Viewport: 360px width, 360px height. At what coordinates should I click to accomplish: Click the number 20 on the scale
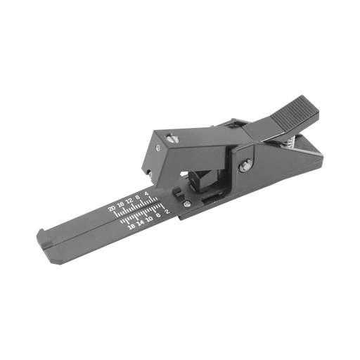pos(112,208)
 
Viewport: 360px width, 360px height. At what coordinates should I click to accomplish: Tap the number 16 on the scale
pos(121,205)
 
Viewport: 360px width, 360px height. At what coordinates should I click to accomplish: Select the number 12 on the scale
pos(129,201)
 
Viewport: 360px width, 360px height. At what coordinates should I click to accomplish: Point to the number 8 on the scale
pos(138,198)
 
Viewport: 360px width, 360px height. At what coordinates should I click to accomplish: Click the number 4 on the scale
pos(147,194)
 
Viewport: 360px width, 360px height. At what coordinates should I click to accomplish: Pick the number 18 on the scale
pos(132,226)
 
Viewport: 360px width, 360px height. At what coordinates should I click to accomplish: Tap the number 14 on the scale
pos(141,222)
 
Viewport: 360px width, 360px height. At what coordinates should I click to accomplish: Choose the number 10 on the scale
pos(149,219)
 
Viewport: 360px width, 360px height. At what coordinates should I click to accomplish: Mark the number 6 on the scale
pos(158,215)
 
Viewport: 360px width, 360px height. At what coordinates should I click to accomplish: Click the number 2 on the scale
pos(167,212)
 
